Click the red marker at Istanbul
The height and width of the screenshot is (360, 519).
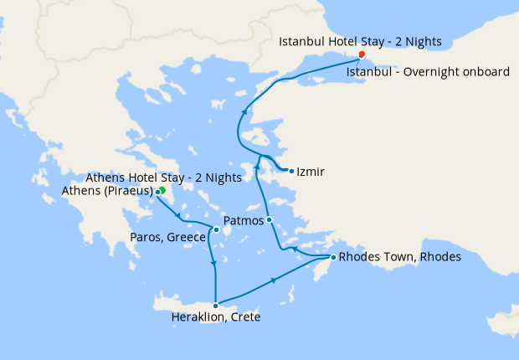click(x=362, y=55)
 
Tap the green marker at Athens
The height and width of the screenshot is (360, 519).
click(x=162, y=191)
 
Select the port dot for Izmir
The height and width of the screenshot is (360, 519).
click(x=290, y=172)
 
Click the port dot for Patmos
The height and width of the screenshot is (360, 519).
click(x=270, y=220)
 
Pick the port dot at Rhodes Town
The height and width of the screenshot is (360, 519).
click(x=333, y=257)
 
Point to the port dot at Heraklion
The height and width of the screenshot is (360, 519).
click(x=216, y=305)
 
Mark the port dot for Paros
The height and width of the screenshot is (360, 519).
click(x=216, y=230)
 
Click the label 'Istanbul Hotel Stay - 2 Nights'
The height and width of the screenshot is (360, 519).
click(x=360, y=41)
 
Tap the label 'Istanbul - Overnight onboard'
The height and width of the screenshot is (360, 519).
click(x=428, y=72)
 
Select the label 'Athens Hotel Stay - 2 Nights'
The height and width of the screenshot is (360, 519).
click(x=164, y=177)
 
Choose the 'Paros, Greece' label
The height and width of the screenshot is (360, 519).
click(x=168, y=238)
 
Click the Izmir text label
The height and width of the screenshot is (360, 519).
click(x=311, y=172)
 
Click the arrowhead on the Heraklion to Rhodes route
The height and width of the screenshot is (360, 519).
click(x=275, y=281)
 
